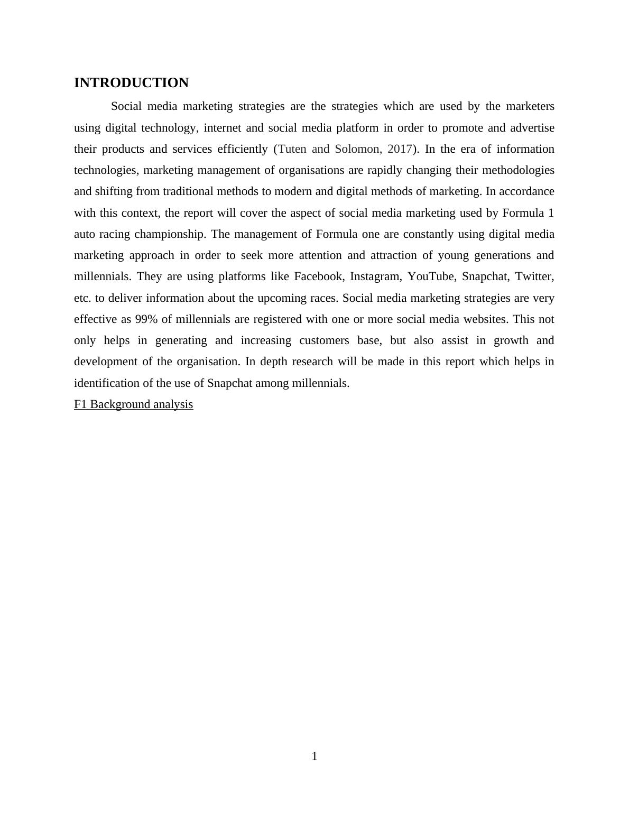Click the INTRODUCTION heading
point(131,83)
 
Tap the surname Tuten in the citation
point(293,149)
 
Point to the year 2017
point(399,149)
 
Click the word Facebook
point(318,276)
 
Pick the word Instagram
point(375,276)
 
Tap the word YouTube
point(430,276)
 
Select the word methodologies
point(516,170)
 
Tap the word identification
point(106,383)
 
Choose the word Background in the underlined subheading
point(120,404)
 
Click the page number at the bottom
point(314,756)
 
